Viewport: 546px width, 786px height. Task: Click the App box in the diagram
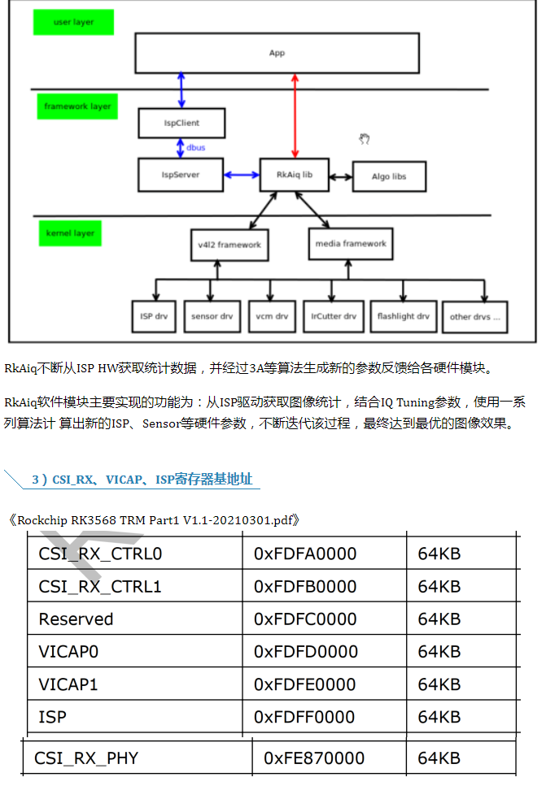click(277, 53)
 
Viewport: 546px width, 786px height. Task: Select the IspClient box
click(181, 124)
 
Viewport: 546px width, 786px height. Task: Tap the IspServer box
click(181, 175)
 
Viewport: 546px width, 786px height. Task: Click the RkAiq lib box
click(295, 175)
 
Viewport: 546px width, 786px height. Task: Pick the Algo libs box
click(389, 176)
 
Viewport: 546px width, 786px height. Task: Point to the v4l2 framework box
click(229, 245)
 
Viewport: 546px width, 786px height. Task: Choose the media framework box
click(352, 243)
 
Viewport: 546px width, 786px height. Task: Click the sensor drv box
click(212, 316)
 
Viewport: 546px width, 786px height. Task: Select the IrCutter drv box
click(334, 316)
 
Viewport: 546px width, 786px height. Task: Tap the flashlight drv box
click(403, 316)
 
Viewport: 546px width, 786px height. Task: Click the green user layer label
click(73, 23)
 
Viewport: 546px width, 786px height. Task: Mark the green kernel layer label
click(70, 233)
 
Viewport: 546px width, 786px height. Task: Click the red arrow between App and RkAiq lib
click(295, 114)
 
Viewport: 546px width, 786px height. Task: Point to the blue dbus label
click(195, 149)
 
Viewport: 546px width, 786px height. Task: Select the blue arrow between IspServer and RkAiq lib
click(242, 175)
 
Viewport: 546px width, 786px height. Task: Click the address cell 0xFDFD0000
click(305, 652)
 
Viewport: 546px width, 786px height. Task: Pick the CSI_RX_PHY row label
click(86, 758)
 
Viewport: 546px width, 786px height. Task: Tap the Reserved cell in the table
click(76, 619)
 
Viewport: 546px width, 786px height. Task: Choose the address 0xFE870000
click(314, 758)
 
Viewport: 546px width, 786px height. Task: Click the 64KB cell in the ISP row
click(439, 717)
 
